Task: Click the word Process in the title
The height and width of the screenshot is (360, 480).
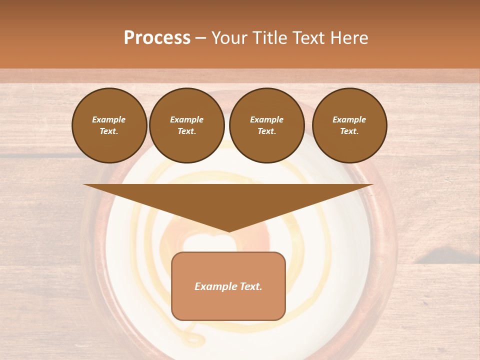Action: (157, 38)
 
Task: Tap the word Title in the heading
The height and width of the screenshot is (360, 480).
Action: (268, 38)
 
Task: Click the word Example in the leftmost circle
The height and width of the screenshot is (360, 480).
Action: (109, 119)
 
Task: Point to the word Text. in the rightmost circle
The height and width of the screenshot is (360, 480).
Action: (349, 131)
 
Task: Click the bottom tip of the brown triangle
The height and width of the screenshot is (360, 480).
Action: (228, 231)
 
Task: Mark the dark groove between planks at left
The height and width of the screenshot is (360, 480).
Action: (30, 156)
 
